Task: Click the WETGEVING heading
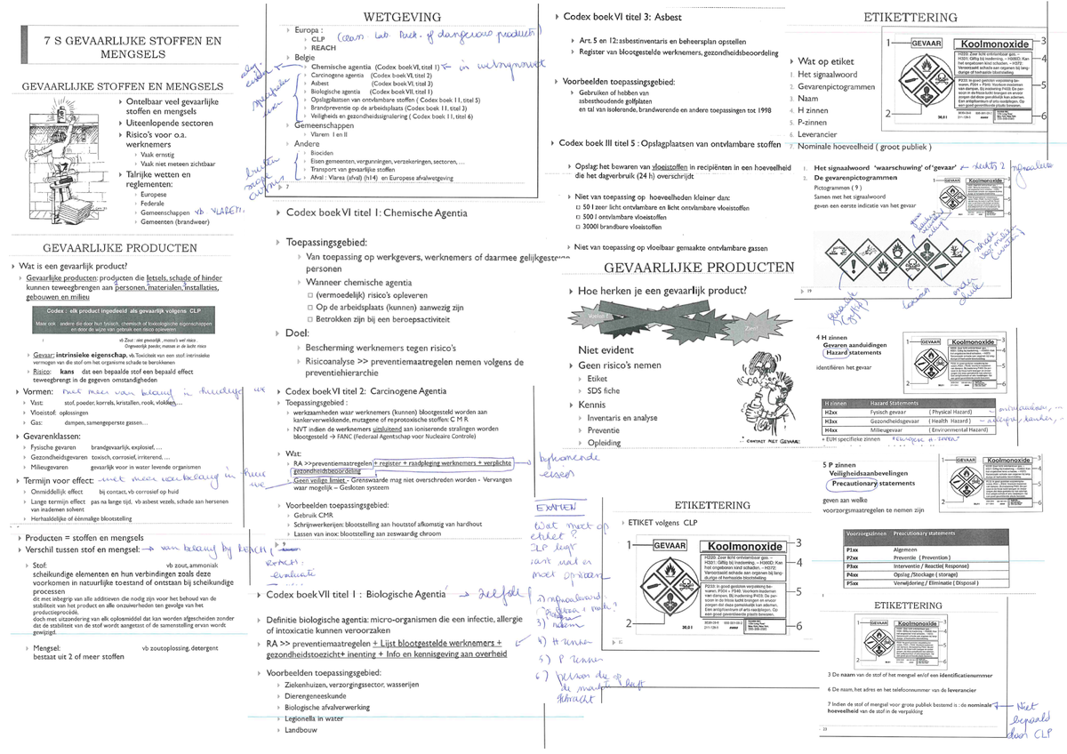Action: pyautogui.click(x=402, y=17)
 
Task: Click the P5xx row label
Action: pyautogui.click(x=852, y=584)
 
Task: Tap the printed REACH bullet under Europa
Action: pyautogui.click(x=324, y=48)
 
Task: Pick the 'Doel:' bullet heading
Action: pyautogui.click(x=297, y=332)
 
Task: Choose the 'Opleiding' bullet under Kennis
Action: pyautogui.click(x=605, y=442)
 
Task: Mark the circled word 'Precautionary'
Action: pyautogui.click(x=851, y=484)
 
